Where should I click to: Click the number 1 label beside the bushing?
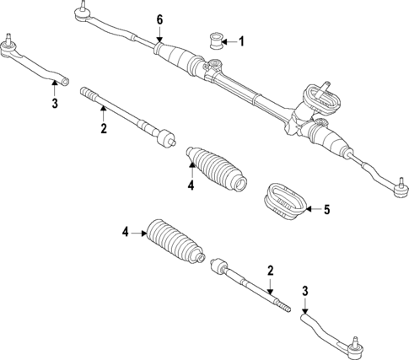coord(241,40)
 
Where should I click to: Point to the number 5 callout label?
coord(326,209)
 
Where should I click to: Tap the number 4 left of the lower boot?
coord(126,232)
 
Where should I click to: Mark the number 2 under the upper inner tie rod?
coord(103,128)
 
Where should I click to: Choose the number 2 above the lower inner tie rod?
coord(270,270)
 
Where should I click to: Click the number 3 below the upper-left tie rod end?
coord(53,104)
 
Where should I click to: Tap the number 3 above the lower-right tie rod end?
coord(306,292)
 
